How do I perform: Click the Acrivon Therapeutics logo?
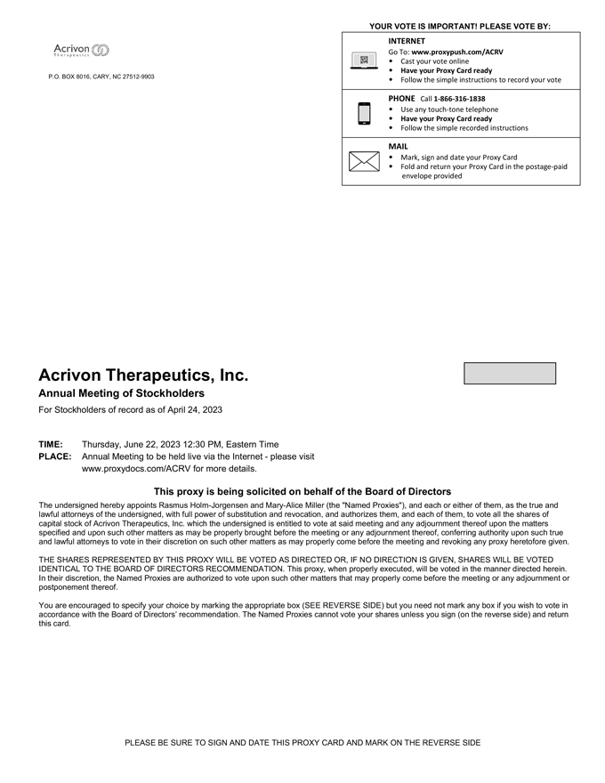tap(81, 50)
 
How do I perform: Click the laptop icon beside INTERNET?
tap(364, 60)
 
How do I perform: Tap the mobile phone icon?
tap(364, 114)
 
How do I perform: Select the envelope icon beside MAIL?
tap(364, 161)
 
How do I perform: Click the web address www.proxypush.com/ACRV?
tap(457, 52)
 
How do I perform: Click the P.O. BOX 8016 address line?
tap(101, 77)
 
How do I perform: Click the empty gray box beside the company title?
tap(510, 373)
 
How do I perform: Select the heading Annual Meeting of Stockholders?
tap(121, 393)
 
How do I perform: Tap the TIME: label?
tap(51, 444)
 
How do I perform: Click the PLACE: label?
tap(54, 456)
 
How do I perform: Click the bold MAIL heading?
tap(398, 145)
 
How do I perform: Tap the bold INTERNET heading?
tap(407, 41)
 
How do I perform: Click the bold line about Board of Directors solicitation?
tap(302, 491)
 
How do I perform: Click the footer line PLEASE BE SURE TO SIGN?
tap(302, 742)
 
